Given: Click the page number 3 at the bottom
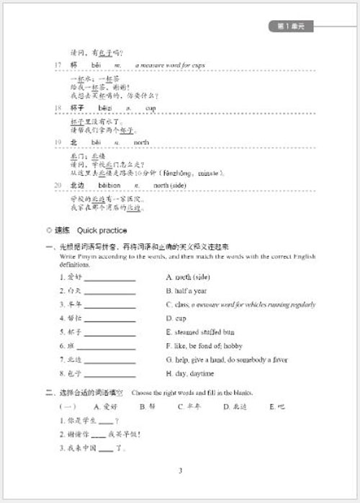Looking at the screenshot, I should [180, 472].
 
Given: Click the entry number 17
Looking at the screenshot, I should [58, 65].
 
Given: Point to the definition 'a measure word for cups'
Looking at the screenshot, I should [169, 65].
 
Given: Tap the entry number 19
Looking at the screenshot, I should [58, 143].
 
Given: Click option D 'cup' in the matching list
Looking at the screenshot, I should [176, 319].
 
